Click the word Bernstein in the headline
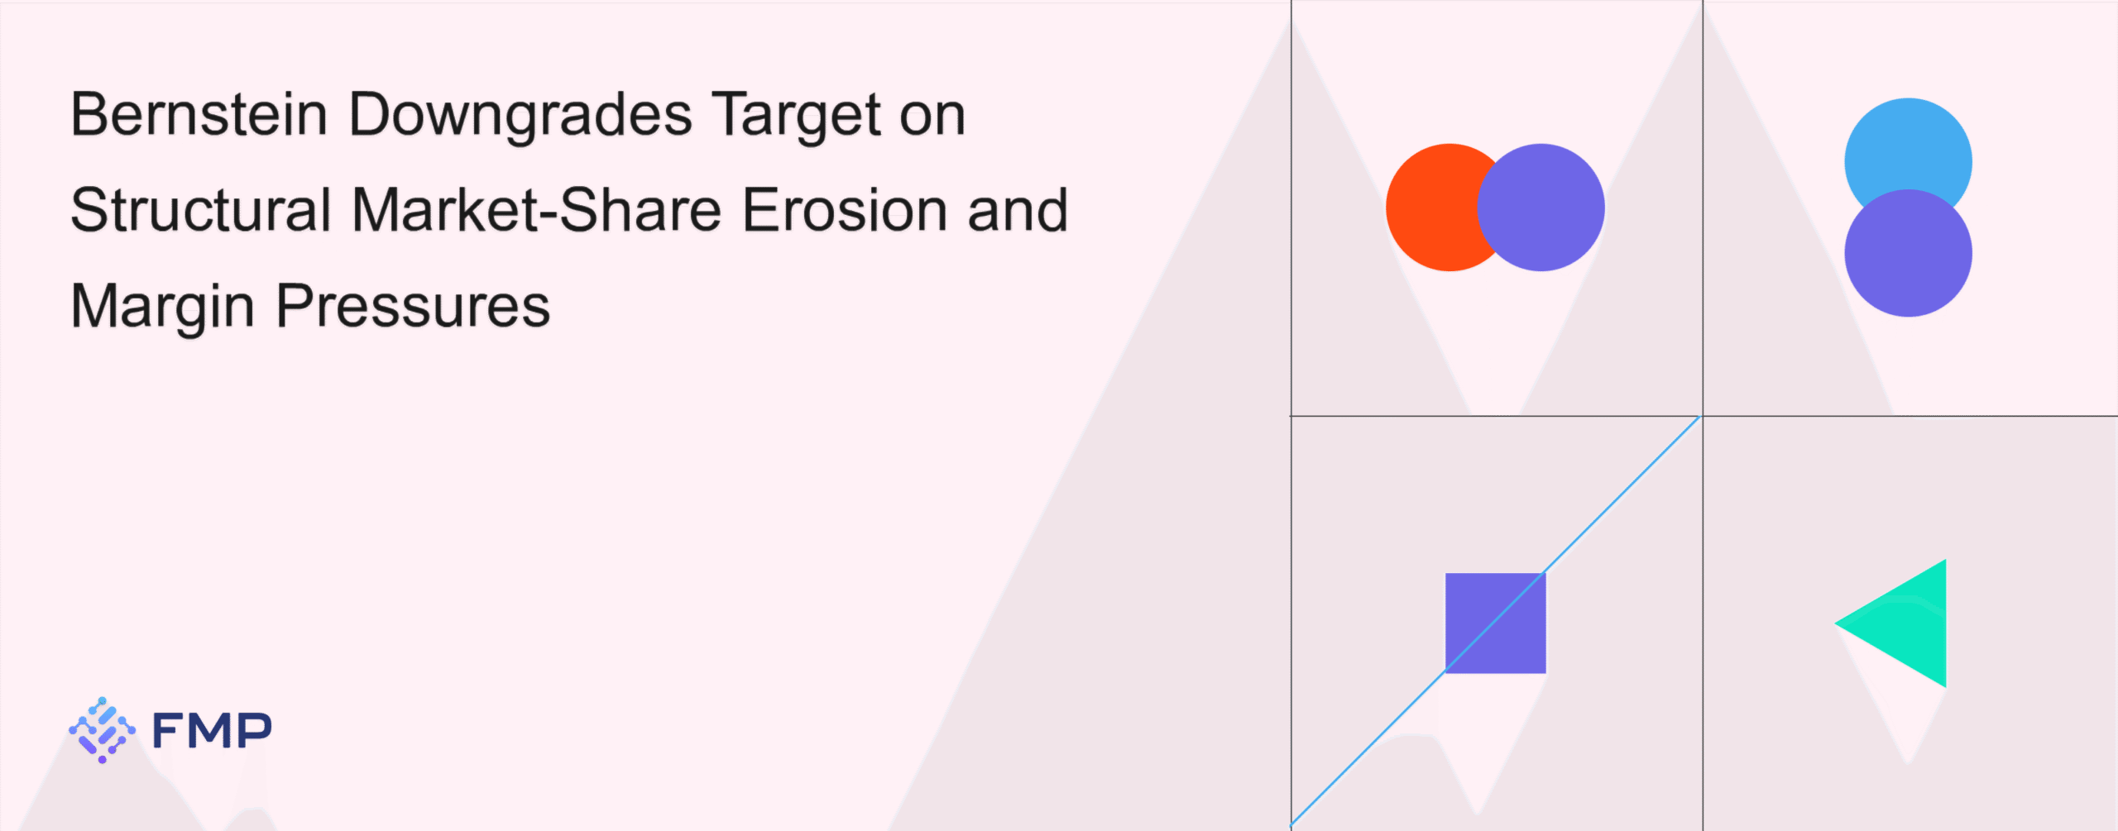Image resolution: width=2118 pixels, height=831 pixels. click(x=199, y=114)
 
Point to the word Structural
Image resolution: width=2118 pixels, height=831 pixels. click(x=201, y=210)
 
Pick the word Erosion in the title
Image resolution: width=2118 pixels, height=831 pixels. click(x=845, y=210)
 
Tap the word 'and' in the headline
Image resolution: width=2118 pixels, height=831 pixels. click(x=1018, y=210)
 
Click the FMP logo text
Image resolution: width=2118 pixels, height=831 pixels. click(x=212, y=730)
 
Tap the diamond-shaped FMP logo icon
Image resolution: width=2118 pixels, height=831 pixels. click(x=102, y=729)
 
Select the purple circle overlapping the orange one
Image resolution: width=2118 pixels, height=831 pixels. click(x=1541, y=208)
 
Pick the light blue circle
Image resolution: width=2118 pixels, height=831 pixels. click(x=1908, y=149)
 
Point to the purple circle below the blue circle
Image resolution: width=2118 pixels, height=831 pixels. click(x=1908, y=253)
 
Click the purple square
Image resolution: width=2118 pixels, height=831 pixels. click(x=1495, y=623)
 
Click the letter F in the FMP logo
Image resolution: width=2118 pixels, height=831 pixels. click(x=168, y=730)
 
